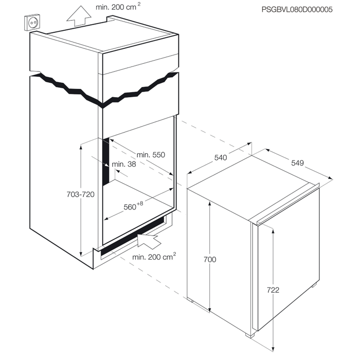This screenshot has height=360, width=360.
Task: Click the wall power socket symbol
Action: pos(32,23)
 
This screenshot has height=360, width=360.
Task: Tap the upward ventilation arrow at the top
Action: pos(79,15)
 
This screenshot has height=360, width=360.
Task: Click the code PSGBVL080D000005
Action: pos(297,9)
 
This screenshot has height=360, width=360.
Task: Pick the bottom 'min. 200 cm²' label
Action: pos(154,257)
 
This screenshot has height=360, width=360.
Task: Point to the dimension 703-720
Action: pos(80,194)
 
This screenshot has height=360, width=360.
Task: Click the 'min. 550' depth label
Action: pos(151,155)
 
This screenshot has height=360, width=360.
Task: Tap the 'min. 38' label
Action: pos(124,164)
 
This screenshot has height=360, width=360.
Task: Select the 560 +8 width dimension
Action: pos(133,206)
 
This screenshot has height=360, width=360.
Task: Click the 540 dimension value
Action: pos(221,157)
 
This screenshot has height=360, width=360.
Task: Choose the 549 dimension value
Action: pos(297,163)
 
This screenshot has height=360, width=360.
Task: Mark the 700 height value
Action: pos(210,259)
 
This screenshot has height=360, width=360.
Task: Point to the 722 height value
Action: pos(273,290)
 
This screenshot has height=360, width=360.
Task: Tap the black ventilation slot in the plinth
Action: pos(133,237)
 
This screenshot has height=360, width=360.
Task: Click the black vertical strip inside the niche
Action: pos(106,162)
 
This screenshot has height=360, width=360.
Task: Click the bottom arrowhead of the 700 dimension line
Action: pos(209,309)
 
